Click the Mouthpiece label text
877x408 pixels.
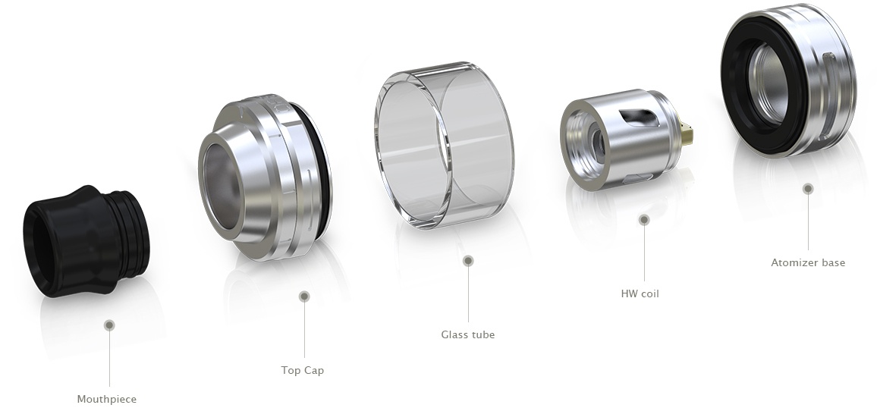click(107, 399)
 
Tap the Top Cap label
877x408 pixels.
click(303, 370)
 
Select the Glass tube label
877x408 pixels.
click(468, 334)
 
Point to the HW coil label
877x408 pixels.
click(640, 293)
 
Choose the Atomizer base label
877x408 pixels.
click(808, 262)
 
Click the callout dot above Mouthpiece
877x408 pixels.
click(109, 325)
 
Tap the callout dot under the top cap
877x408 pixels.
click(304, 297)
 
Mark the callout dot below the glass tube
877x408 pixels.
click(469, 260)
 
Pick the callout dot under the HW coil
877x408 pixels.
click(644, 220)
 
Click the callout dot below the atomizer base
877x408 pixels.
click(808, 189)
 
